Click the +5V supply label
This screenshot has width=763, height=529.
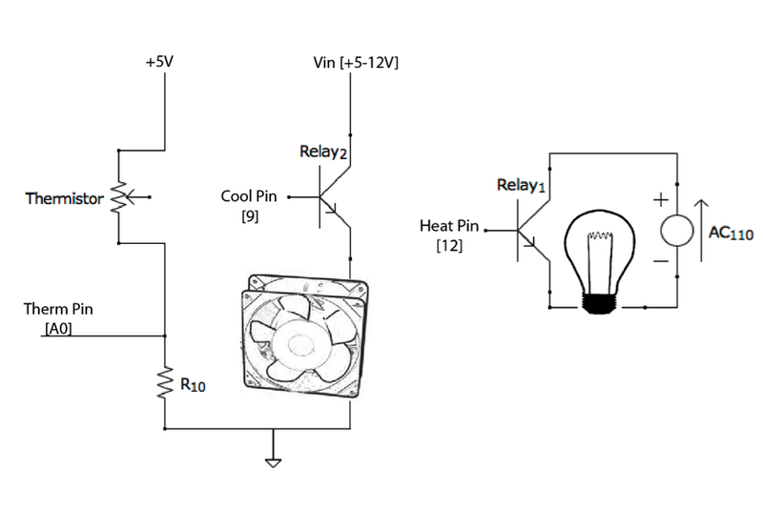[x=158, y=62]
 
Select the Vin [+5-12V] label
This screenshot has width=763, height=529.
[x=356, y=63]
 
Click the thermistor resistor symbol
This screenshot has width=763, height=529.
[x=119, y=197]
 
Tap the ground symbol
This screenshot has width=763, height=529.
[x=275, y=462]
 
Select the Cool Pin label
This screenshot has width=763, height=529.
[x=248, y=197]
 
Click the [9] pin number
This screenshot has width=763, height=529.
[x=249, y=218]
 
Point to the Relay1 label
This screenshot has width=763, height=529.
[x=520, y=185]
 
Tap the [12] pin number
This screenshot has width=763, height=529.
[x=448, y=247]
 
